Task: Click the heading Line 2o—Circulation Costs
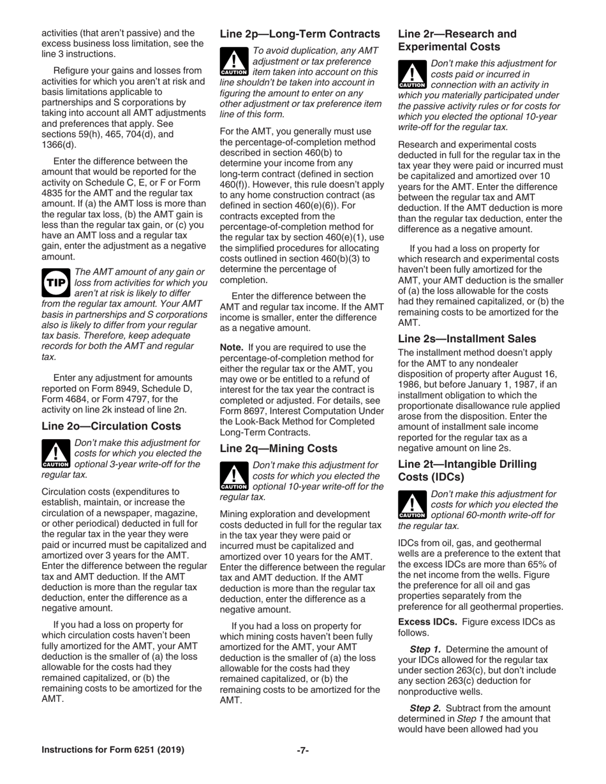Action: click(x=111, y=426)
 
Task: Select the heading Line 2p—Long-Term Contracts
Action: click(x=300, y=34)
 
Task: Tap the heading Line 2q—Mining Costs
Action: click(x=278, y=448)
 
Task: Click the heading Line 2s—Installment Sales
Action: click(x=467, y=338)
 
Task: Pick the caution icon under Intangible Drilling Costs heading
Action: click(x=412, y=504)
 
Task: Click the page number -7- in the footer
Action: click(x=303, y=750)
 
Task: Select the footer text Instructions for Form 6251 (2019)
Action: click(x=113, y=750)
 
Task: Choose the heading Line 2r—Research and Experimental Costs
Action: click(x=457, y=40)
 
